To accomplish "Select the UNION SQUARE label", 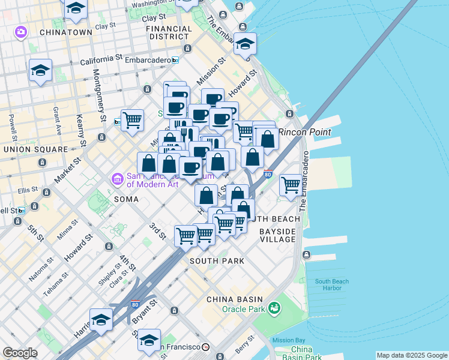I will [35, 149].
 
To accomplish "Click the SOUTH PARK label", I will [217, 261].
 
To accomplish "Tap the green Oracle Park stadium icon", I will [274, 308].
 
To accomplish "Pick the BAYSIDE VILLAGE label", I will [277, 235].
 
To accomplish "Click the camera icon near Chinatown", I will [22, 31].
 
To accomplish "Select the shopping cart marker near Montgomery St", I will [132, 119].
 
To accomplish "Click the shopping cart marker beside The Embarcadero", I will [291, 184].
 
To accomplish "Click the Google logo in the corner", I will [20, 353].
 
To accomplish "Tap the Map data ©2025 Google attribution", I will [412, 355].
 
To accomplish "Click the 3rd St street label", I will [158, 231].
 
